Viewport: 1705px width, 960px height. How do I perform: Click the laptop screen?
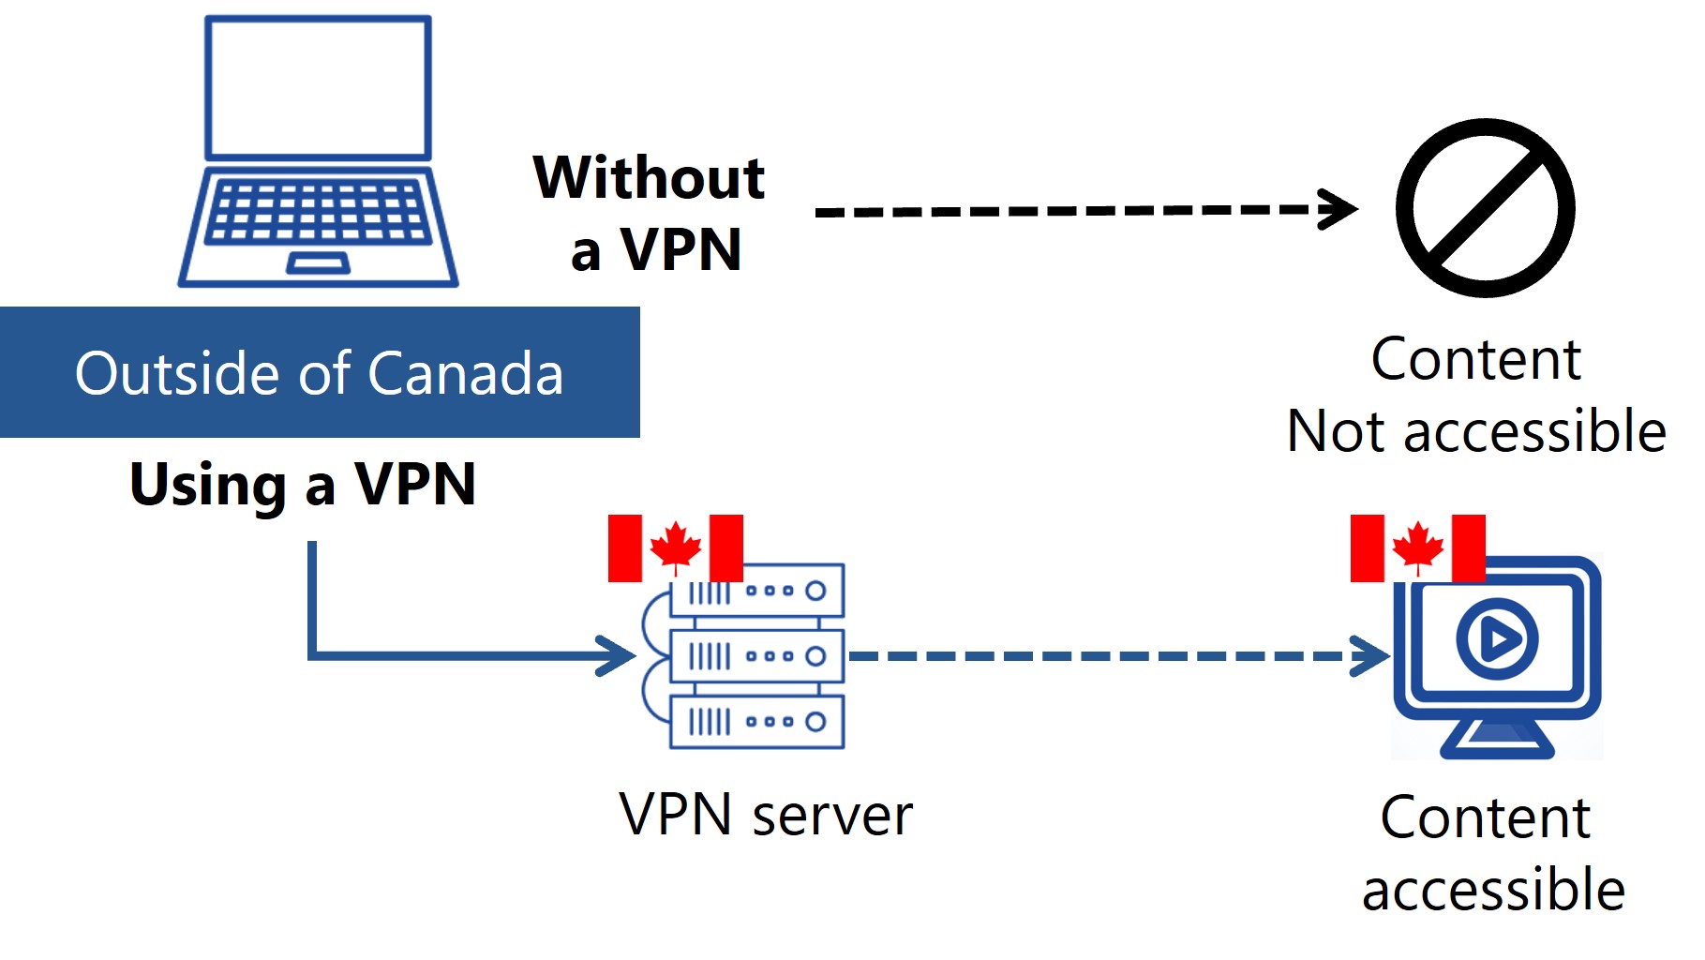point(318,87)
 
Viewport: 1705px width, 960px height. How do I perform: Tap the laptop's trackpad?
point(318,263)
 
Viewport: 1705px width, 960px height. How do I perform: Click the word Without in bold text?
point(649,177)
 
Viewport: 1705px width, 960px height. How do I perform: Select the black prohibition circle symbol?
point(1485,208)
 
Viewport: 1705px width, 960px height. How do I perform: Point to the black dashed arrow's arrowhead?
point(1342,208)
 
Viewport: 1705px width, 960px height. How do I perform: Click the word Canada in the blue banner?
point(465,373)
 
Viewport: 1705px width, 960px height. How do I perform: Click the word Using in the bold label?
point(208,485)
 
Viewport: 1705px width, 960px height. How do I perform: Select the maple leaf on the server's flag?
point(676,547)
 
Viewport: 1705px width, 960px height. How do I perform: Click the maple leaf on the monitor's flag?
point(1417,547)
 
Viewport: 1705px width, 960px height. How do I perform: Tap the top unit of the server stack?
point(757,591)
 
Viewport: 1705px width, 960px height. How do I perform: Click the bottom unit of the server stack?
point(757,722)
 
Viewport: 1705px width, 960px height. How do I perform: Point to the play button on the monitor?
point(1497,639)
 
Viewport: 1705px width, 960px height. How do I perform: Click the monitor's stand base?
point(1497,746)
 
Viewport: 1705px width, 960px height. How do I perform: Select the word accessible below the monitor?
point(1493,890)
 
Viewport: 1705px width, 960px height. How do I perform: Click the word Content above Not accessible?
point(1475,359)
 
